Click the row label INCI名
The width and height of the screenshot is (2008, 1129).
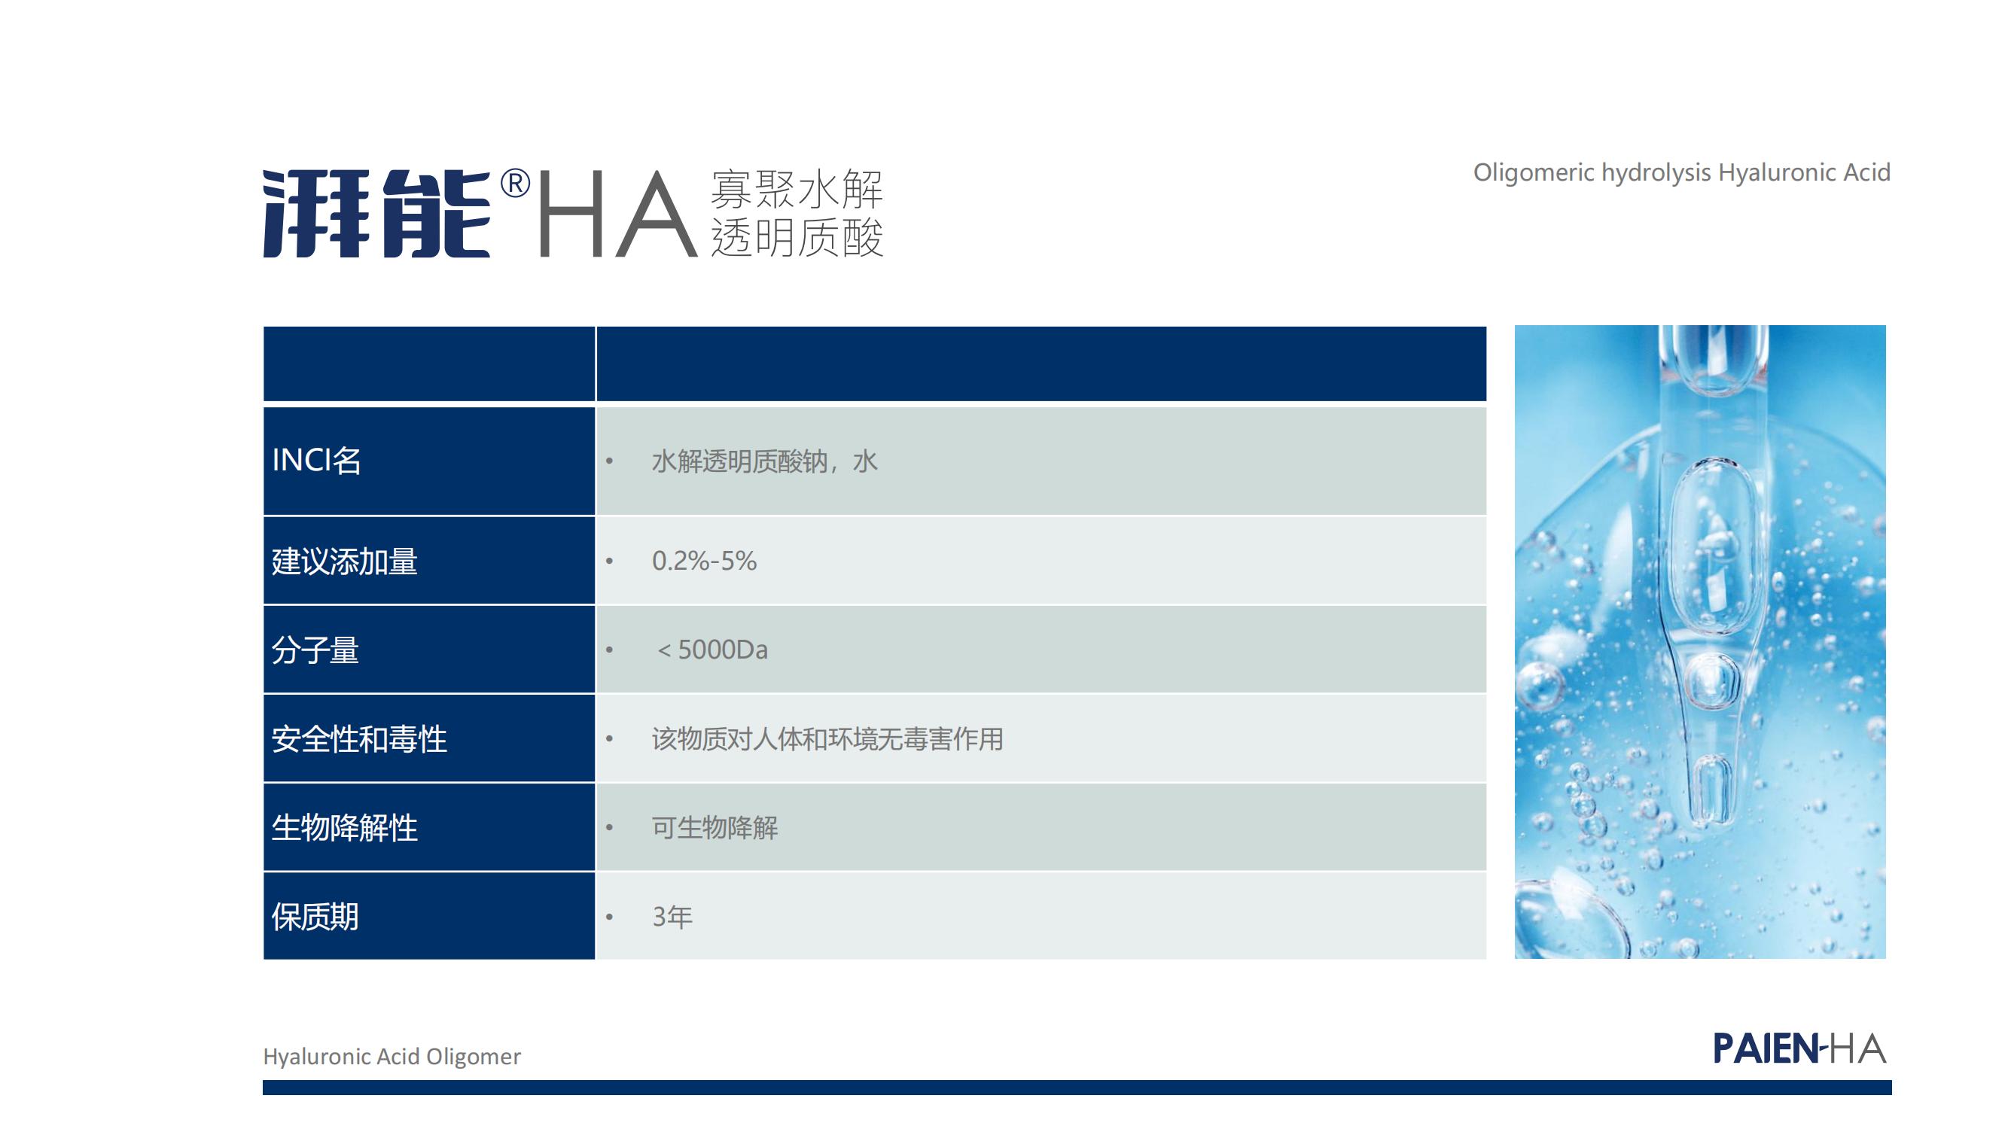pyautogui.click(x=316, y=461)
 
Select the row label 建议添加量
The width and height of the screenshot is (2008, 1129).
pyautogui.click(x=345, y=561)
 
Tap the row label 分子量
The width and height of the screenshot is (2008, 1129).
pyautogui.click(x=315, y=650)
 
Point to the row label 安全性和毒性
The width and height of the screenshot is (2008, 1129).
pyautogui.click(x=359, y=738)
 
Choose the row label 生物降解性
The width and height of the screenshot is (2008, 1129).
pyautogui.click(x=345, y=827)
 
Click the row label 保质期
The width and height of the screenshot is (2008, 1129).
pyautogui.click(x=315, y=917)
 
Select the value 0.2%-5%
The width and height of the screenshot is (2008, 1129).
pyautogui.click(x=704, y=561)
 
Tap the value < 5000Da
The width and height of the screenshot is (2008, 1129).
pyautogui.click(x=711, y=650)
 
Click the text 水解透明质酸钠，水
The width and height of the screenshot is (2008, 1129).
pyautogui.click(x=765, y=461)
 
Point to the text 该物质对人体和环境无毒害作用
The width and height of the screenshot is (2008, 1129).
pyautogui.click(x=827, y=738)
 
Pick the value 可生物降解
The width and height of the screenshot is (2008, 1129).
pyautogui.click(x=715, y=827)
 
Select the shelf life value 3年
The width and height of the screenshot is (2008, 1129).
pyautogui.click(x=672, y=917)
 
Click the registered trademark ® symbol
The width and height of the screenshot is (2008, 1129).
pyautogui.click(x=515, y=184)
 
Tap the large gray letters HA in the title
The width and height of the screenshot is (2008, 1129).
pyautogui.click(x=617, y=213)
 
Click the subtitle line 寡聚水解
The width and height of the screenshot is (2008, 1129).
pyautogui.click(x=797, y=189)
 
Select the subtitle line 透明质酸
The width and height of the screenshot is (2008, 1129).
pyautogui.click(x=797, y=237)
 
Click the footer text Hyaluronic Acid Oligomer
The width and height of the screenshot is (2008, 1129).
pyautogui.click(x=392, y=1057)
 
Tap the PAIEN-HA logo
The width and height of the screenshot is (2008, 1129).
pyautogui.click(x=1799, y=1048)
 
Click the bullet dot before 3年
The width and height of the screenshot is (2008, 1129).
pyautogui.click(x=610, y=917)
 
